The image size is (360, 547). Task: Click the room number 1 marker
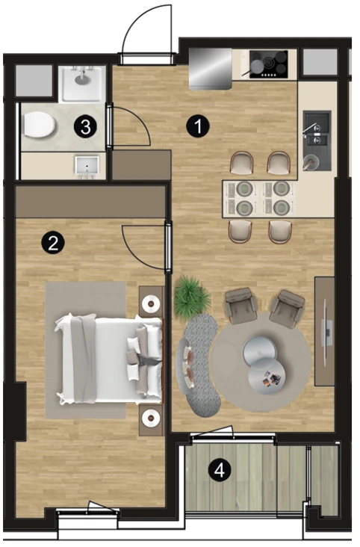click(198, 126)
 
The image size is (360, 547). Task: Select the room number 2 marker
click(53, 242)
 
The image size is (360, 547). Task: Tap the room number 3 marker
click(85, 126)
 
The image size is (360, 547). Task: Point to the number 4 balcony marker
click(220, 471)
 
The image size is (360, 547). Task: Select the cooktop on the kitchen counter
click(269, 64)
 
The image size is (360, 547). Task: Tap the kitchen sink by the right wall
click(317, 140)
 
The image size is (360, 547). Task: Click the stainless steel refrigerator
click(211, 69)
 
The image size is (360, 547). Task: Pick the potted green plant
click(191, 296)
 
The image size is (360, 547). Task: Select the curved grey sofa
click(198, 365)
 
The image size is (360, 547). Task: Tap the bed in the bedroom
click(109, 359)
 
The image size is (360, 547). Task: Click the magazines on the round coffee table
click(270, 378)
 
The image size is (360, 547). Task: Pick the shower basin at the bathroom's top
click(82, 84)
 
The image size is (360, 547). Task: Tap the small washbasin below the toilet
click(87, 167)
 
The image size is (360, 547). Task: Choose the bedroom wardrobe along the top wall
click(90, 202)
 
